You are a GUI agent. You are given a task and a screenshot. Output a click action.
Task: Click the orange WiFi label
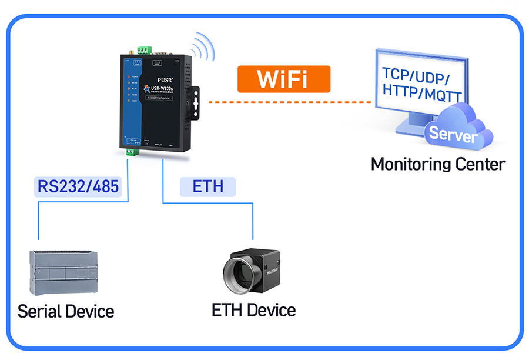point(284,79)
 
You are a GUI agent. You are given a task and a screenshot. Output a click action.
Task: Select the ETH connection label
point(207,186)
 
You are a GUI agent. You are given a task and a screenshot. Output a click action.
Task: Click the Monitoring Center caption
point(438,164)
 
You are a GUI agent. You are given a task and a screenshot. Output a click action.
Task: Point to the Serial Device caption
point(65,311)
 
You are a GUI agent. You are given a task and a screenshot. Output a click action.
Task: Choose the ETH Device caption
point(253,309)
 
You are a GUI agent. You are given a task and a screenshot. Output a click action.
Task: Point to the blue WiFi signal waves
point(202,45)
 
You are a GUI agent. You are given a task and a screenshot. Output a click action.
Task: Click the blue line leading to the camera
point(253,221)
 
